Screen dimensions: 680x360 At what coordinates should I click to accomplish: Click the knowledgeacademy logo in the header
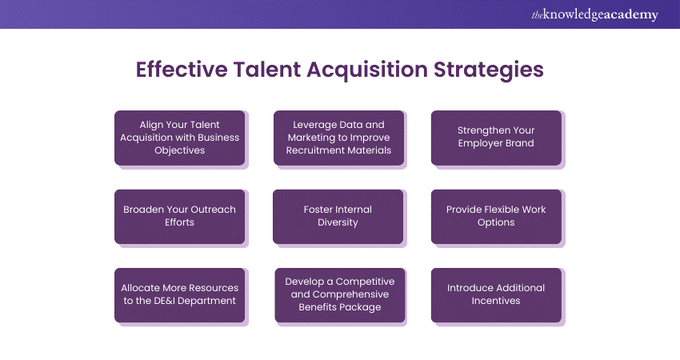tap(594, 14)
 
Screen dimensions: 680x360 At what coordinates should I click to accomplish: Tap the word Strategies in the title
tap(489, 70)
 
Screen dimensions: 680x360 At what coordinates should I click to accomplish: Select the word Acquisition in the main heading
tap(367, 70)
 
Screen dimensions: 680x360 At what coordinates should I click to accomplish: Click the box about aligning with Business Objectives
tap(179, 138)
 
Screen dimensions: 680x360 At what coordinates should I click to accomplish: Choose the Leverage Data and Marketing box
tap(338, 138)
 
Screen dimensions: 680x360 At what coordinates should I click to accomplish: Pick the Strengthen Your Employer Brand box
tap(496, 138)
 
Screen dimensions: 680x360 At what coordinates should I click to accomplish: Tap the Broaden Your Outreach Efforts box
tap(179, 217)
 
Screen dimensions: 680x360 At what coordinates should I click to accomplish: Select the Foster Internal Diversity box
tap(338, 217)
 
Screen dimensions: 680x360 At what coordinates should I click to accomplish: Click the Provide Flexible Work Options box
tap(496, 217)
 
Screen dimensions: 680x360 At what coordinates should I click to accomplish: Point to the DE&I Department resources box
tap(179, 295)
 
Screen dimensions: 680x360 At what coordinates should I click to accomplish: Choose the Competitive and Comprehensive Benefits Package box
tap(340, 295)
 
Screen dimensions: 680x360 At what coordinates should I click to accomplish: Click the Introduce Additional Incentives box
tap(496, 295)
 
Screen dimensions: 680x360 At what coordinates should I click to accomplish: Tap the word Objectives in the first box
tap(179, 150)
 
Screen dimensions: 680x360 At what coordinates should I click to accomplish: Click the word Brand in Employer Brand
tap(518, 143)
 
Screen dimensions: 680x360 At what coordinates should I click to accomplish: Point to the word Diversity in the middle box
tap(338, 222)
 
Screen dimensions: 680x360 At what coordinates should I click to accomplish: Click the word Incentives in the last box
tap(496, 301)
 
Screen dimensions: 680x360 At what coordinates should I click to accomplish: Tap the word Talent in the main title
tap(267, 70)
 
